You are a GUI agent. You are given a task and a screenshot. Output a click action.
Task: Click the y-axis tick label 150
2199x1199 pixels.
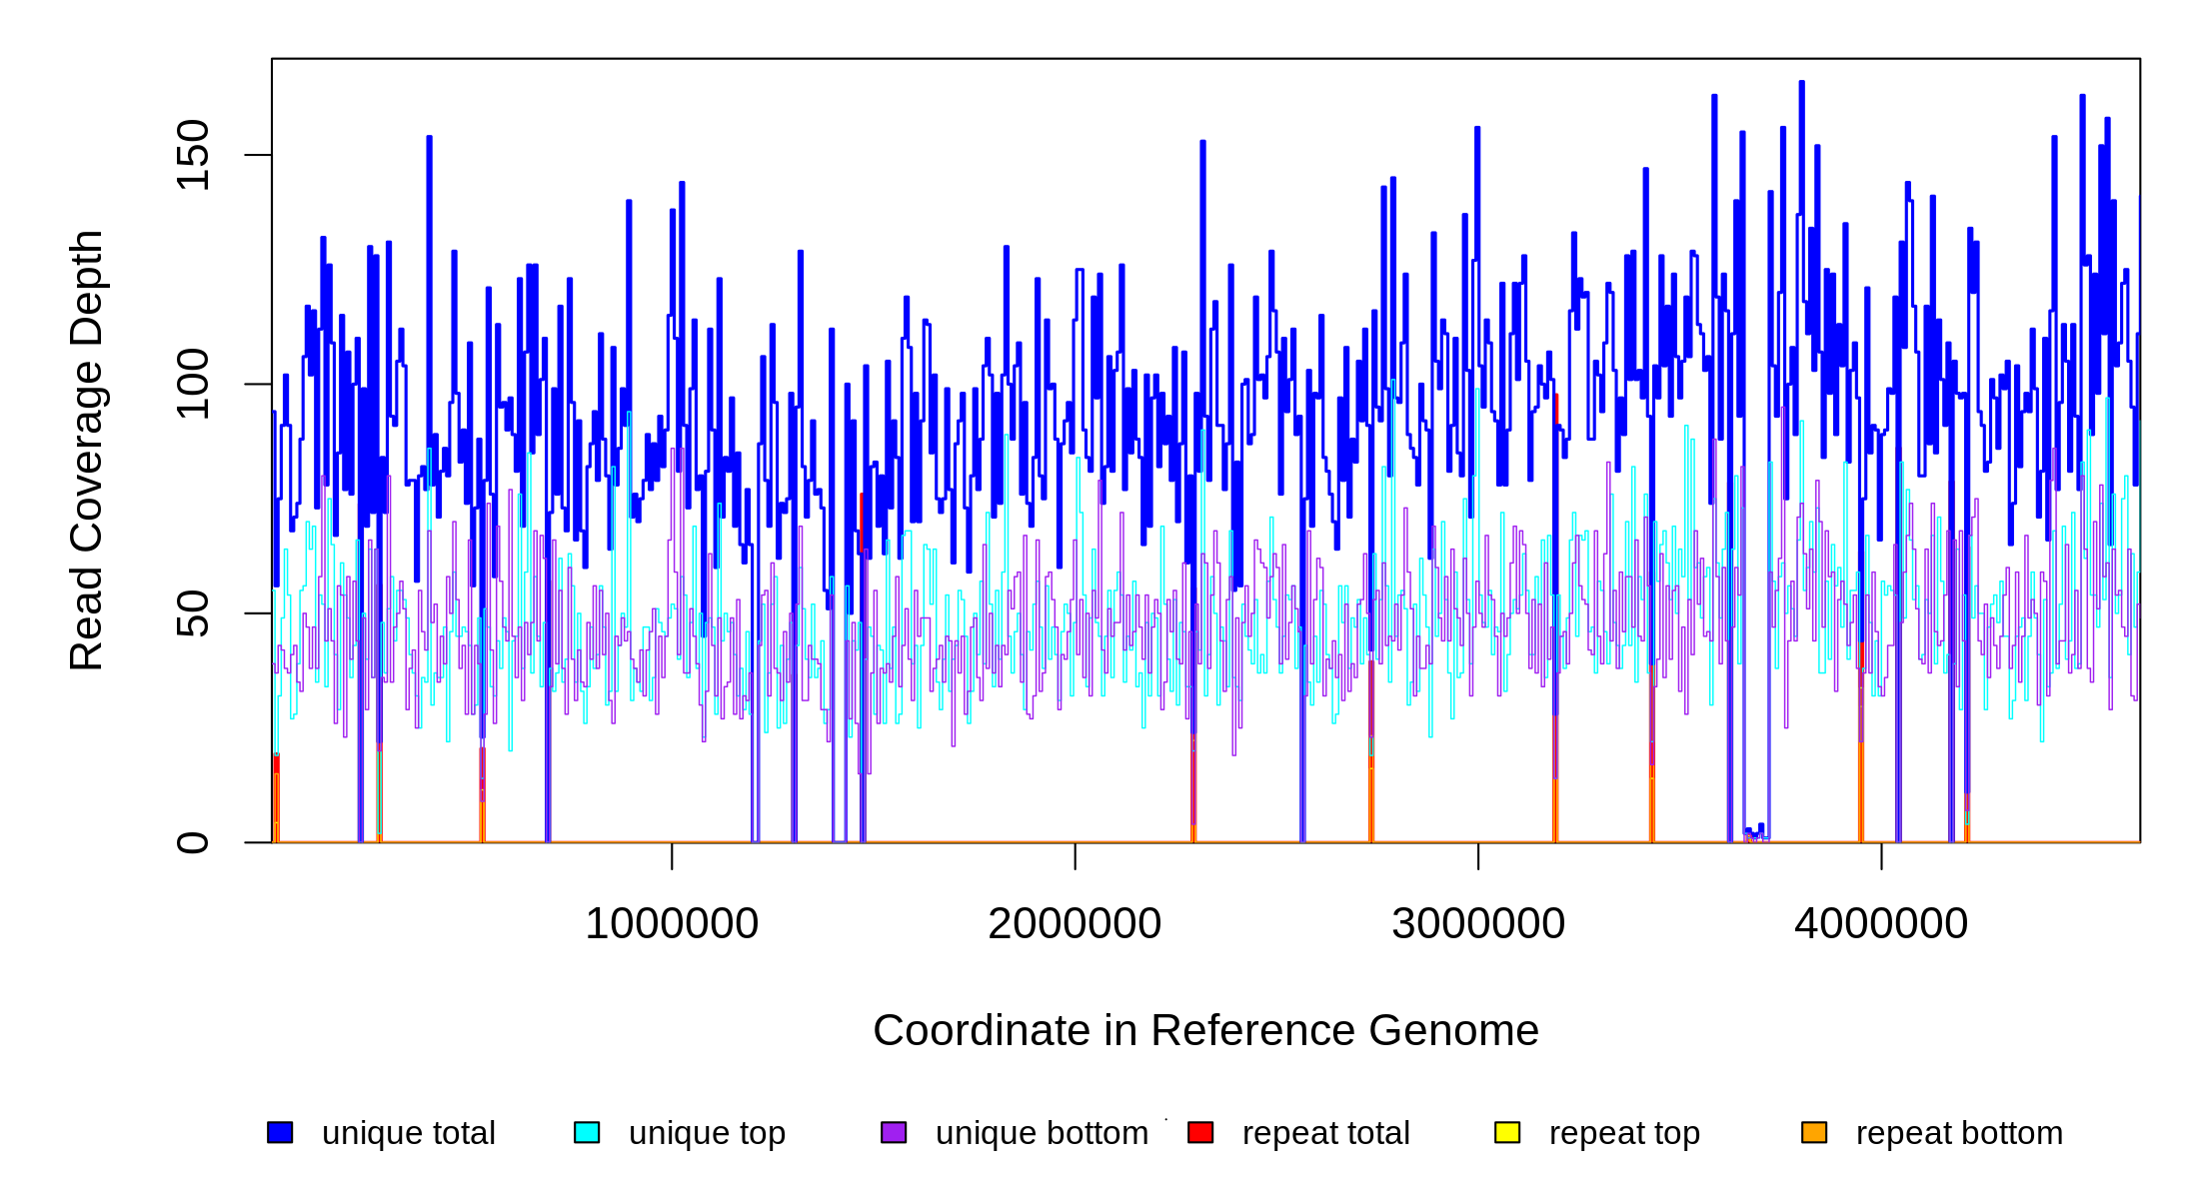click(192, 155)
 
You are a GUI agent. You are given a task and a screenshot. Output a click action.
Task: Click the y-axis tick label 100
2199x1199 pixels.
click(192, 384)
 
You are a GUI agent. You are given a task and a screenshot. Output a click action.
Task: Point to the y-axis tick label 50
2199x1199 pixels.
click(192, 613)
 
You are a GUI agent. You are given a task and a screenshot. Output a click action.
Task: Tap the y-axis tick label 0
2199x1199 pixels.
click(192, 842)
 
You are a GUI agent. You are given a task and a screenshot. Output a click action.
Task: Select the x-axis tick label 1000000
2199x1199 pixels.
click(672, 924)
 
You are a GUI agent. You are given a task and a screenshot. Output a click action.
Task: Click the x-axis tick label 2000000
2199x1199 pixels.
click(1075, 924)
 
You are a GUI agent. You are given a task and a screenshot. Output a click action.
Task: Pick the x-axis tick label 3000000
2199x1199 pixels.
click(1478, 924)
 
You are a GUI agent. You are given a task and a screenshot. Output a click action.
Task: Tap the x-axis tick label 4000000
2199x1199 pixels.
click(1881, 924)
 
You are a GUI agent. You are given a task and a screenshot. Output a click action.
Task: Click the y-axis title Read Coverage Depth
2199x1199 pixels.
click(87, 450)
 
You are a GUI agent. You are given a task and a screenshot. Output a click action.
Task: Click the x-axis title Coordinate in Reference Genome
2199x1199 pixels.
click(1205, 1030)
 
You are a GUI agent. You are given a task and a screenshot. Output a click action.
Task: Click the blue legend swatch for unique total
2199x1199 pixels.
click(280, 1132)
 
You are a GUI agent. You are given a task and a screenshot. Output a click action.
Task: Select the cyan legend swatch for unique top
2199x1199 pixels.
click(587, 1132)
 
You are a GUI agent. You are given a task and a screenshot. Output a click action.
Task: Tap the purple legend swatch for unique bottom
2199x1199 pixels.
click(894, 1132)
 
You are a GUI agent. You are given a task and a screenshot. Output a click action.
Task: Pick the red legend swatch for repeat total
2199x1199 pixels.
click(1200, 1132)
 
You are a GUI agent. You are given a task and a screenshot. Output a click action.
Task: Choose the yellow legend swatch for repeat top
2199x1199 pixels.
click(1507, 1132)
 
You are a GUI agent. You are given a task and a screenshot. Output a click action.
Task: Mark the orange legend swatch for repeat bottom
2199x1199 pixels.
click(1814, 1132)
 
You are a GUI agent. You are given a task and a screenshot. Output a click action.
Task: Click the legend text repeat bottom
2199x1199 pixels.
click(1959, 1133)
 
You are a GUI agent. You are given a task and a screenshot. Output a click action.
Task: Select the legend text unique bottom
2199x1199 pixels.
click(1042, 1133)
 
